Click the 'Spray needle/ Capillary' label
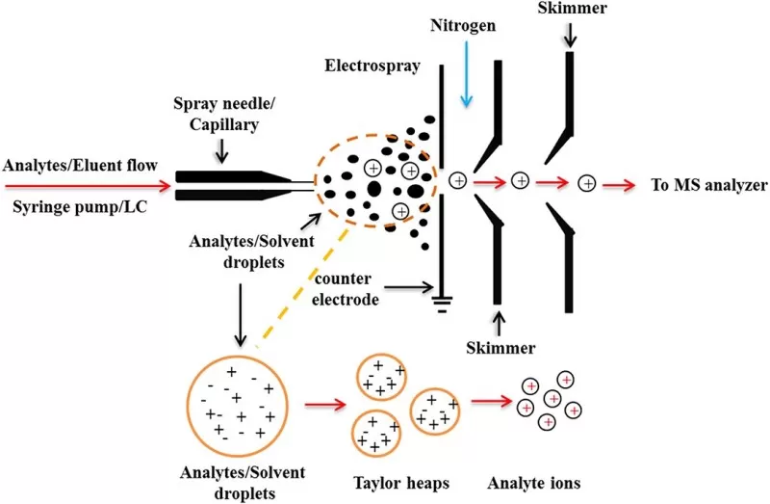[x=218, y=112]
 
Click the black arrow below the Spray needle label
[x=222, y=149]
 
